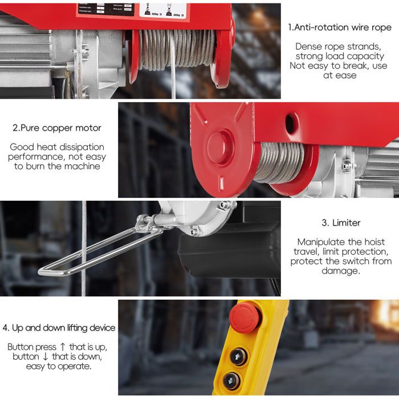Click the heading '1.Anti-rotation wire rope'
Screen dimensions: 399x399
[340, 27]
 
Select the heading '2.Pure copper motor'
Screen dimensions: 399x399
[57, 128]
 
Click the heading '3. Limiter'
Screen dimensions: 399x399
[340, 222]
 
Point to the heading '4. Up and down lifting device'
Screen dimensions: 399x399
[59, 328]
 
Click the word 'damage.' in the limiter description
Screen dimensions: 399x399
[340, 271]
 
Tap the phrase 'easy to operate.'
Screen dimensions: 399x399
[59, 366]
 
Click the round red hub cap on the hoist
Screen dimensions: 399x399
[220, 147]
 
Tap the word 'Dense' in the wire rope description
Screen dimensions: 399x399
[308, 46]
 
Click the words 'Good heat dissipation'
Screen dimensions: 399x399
[57, 147]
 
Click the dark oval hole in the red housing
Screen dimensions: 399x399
[290, 123]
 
